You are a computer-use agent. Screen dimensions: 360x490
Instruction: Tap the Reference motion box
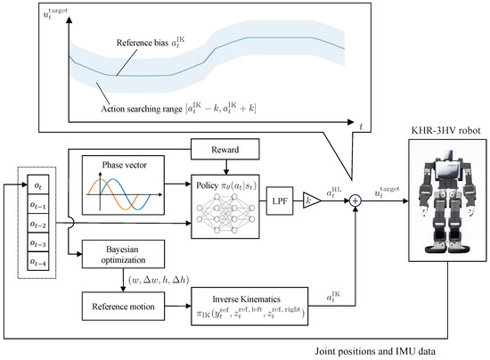pos(118,307)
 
